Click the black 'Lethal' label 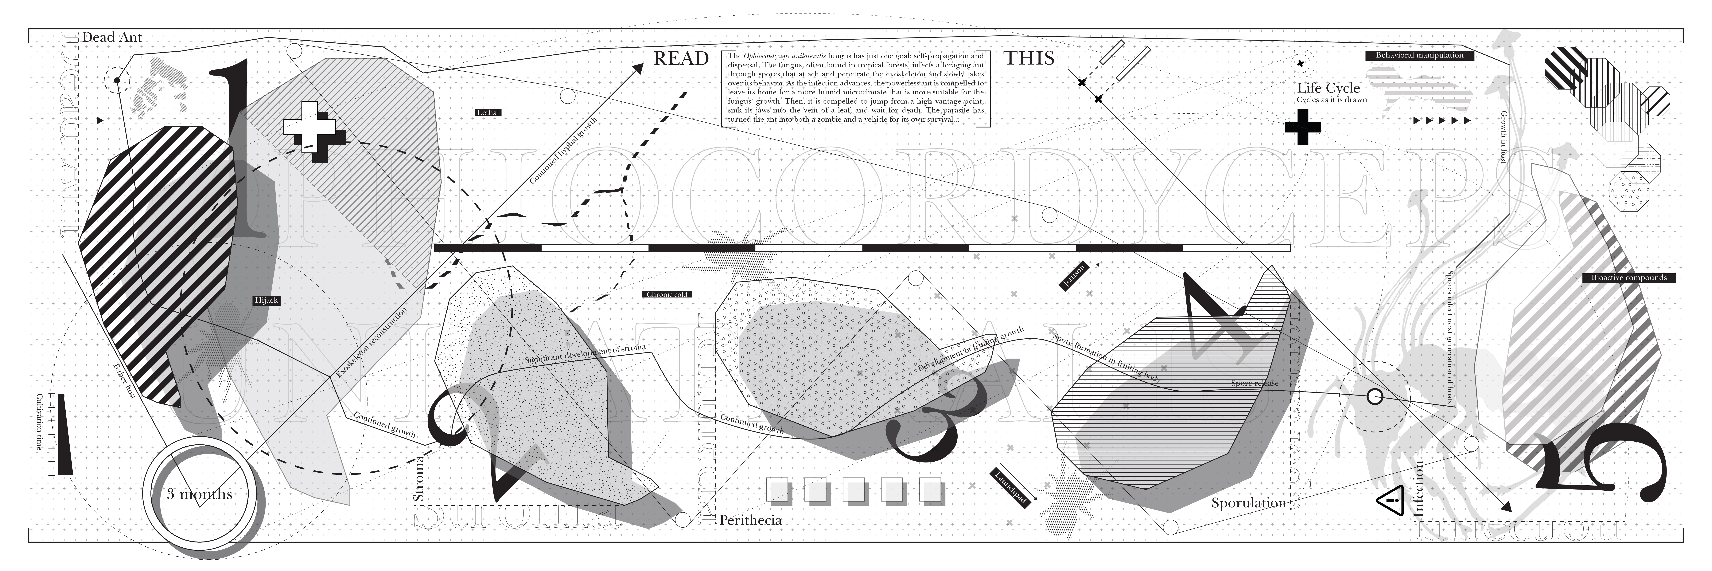[488, 112]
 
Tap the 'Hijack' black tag [267, 301]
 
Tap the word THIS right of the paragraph [1029, 58]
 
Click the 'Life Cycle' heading [1328, 88]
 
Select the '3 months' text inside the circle [199, 494]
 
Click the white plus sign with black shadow [310, 126]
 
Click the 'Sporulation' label [1248, 503]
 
